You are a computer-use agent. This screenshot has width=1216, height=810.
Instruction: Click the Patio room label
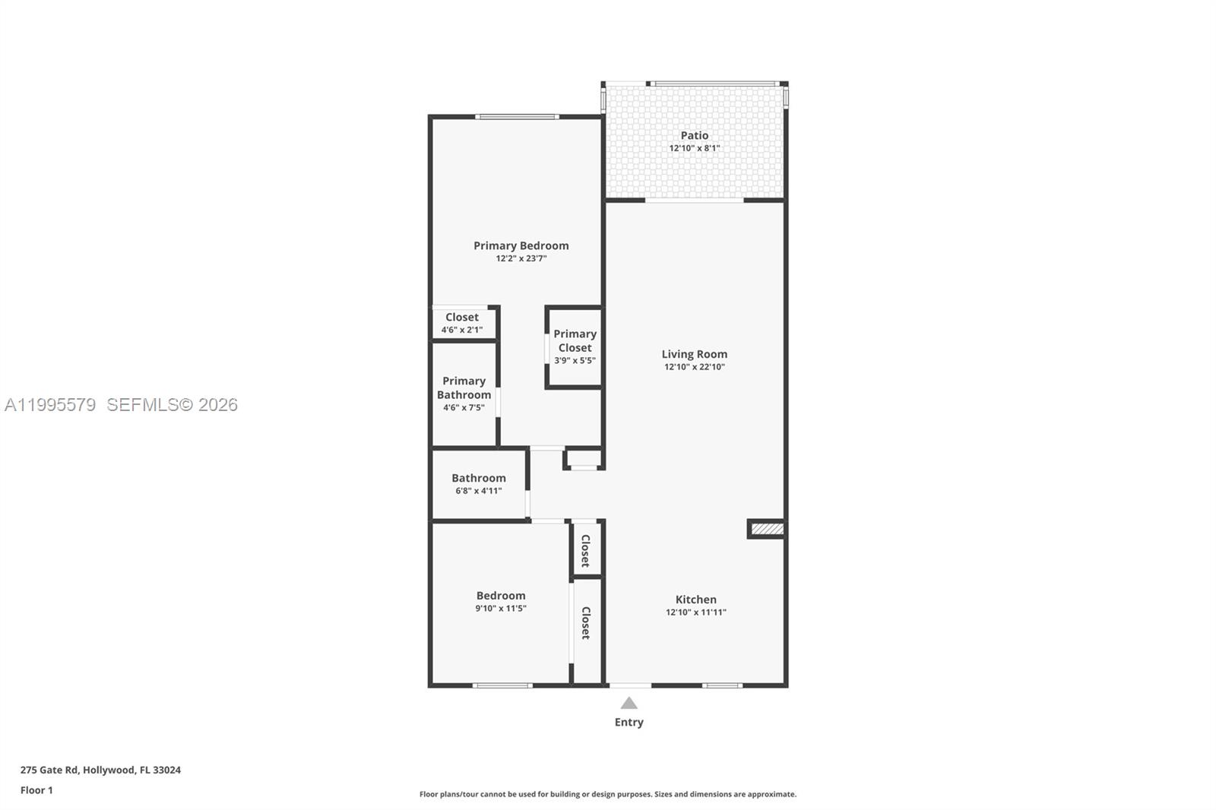pos(694,136)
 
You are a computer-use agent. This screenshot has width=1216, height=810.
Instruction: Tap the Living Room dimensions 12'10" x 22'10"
pos(694,367)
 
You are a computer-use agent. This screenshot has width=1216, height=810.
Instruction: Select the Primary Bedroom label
pos(521,245)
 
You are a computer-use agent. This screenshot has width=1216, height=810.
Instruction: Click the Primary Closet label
pos(575,340)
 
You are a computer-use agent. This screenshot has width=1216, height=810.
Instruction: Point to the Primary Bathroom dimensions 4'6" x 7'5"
pos(464,408)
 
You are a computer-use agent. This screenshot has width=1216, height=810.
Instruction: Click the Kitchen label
pos(695,600)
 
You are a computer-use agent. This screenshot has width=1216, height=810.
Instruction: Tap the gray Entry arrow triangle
pos(629,703)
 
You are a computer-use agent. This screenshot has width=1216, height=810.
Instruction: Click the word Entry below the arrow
pos(629,723)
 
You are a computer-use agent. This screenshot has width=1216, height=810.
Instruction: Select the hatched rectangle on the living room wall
pos(766,529)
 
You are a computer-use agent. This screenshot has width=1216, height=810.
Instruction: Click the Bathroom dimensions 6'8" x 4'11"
pos(478,491)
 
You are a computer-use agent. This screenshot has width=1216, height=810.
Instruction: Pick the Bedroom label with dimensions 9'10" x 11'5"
pos(500,596)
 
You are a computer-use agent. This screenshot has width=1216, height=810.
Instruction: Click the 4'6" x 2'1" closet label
pos(461,330)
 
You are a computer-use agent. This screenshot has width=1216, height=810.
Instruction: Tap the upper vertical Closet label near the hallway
pos(586,550)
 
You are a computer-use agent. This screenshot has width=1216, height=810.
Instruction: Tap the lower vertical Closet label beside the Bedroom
pos(586,622)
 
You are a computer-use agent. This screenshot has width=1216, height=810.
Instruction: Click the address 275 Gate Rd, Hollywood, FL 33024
pos(100,770)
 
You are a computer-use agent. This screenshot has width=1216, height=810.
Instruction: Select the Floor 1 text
pos(36,790)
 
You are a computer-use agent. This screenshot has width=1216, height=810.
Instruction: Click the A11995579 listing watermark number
pos(50,405)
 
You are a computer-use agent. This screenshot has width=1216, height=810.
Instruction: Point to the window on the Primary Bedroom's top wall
pos(517,116)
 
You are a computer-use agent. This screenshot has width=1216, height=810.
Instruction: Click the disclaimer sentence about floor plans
pos(607,794)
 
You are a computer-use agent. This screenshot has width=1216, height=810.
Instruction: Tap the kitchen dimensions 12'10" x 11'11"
pos(695,612)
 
